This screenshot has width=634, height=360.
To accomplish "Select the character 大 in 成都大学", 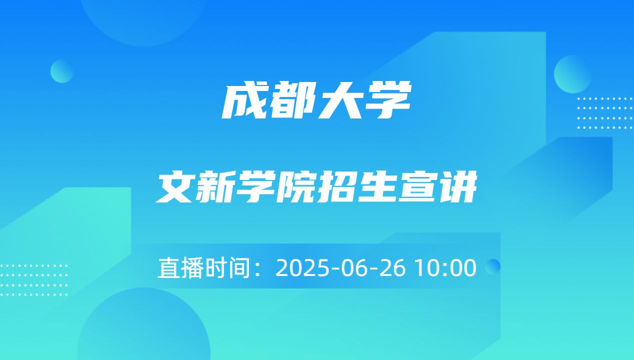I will [340, 100].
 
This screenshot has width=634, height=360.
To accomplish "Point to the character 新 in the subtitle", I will [215, 187].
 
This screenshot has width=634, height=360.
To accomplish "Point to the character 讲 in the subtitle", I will [455, 187].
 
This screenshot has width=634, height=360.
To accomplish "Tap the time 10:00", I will [446, 268].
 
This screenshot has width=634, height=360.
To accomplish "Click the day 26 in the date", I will [392, 268].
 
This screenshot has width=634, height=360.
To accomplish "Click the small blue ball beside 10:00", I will [492, 266].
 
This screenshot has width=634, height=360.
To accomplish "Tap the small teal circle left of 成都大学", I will [62, 71].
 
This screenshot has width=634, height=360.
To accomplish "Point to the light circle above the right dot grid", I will [572, 74].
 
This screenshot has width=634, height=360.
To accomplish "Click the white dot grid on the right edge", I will [605, 113].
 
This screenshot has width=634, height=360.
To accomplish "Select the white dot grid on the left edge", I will [33, 280].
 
